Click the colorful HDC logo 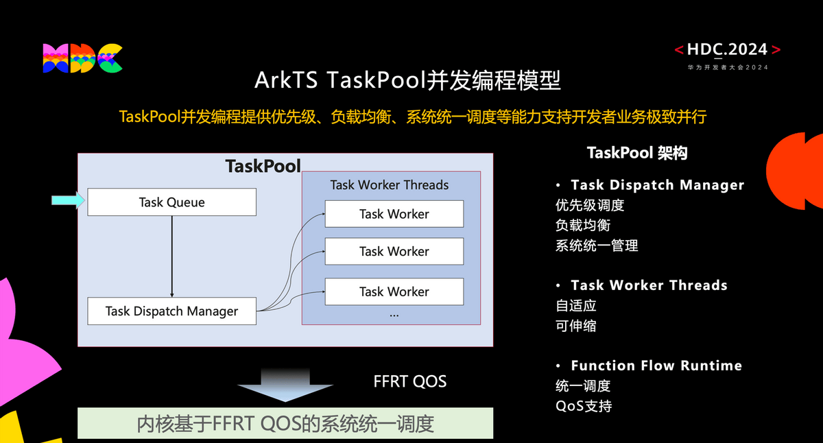(82, 58)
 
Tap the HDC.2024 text (728, 49)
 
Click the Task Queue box (171, 202)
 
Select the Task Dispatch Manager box (171, 311)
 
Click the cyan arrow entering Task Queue (68, 200)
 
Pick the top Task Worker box (394, 214)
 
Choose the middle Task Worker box (394, 251)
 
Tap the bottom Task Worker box (394, 291)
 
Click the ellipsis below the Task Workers (394, 315)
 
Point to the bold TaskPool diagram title (263, 166)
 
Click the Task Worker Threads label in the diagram (390, 184)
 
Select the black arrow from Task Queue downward (171, 256)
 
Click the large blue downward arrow (285, 385)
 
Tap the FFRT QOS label (410, 381)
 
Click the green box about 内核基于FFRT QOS (285, 423)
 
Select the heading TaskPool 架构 (637, 153)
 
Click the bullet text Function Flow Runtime (656, 366)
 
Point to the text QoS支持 (584, 406)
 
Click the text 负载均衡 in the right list (583, 225)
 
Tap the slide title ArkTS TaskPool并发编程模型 (407, 80)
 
